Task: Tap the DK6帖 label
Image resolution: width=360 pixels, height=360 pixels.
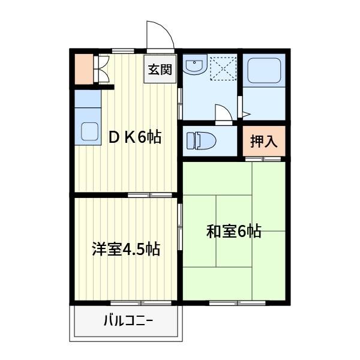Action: click(135, 137)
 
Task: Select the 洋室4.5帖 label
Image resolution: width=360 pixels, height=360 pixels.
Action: click(126, 249)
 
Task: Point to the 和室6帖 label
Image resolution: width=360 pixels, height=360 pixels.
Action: click(234, 231)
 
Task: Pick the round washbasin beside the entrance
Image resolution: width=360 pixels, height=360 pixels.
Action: click(194, 66)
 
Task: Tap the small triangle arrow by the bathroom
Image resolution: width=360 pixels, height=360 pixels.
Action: click(246, 112)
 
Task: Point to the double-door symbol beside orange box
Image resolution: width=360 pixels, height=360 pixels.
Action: click(101, 68)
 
